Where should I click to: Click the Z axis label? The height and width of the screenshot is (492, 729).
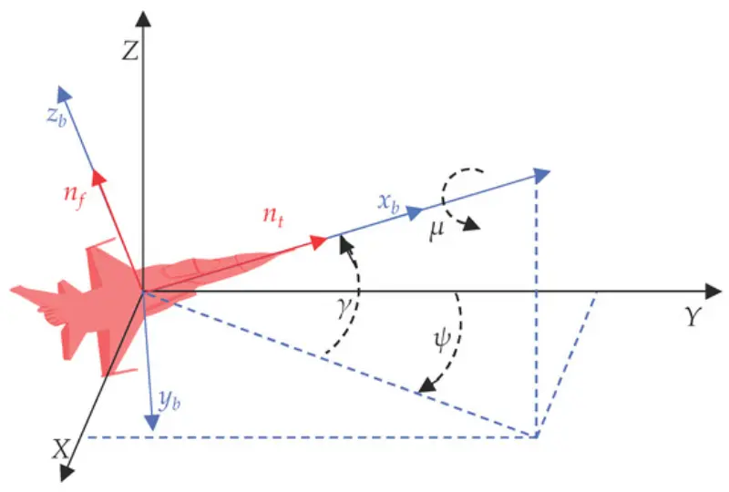coord(130,50)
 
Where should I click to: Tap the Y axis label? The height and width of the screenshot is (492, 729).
coord(693,317)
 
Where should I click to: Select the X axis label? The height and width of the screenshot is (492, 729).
coord(61,449)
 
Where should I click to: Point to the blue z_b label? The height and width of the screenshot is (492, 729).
coord(56,117)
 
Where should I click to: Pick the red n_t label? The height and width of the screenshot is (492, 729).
coord(272,215)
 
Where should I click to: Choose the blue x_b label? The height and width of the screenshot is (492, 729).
coord(389,202)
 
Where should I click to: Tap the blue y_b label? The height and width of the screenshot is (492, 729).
coord(169,401)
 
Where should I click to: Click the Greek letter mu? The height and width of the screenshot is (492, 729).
coord(437,230)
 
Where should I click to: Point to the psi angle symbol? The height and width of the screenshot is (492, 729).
coord(442,341)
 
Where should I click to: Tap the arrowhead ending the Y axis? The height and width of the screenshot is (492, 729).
coord(714,292)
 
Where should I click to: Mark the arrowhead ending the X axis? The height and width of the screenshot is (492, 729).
coord(67,473)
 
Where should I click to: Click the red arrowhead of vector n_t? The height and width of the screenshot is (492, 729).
coord(319,241)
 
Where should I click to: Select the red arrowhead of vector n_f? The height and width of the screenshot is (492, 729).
coord(99,177)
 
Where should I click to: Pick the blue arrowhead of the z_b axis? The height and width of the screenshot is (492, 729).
coord(64,94)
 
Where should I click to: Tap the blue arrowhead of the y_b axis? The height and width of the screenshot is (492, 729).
coord(152,423)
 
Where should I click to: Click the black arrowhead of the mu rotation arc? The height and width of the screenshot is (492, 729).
coord(471,225)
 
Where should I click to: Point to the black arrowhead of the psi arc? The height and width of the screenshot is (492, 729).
coord(427,386)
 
